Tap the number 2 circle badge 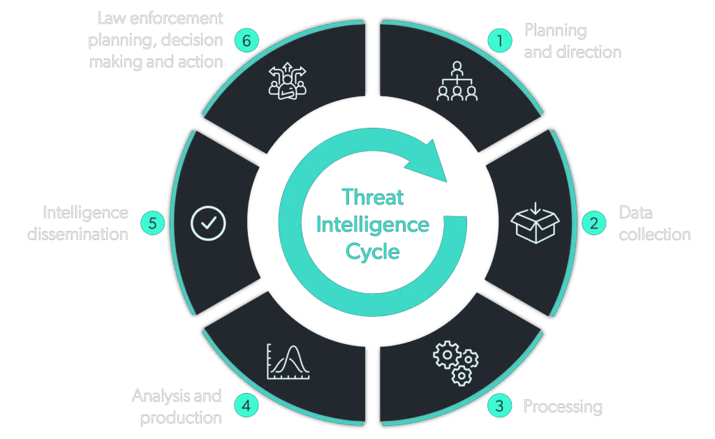[594, 223]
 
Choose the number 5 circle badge [152, 223]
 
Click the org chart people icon [457, 82]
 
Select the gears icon [456, 363]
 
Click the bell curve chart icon [288, 362]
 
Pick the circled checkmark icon [208, 223]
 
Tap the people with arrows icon [288, 82]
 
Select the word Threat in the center [373, 198]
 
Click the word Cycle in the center [373, 251]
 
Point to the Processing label [563, 406]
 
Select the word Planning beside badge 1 [555, 31]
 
